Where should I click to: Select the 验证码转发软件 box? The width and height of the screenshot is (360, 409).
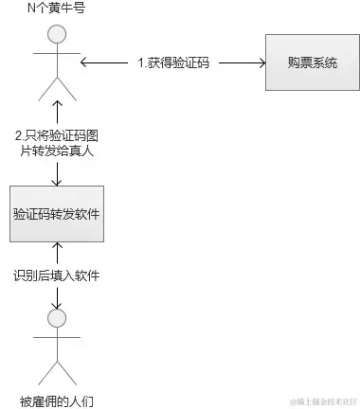tap(57, 214)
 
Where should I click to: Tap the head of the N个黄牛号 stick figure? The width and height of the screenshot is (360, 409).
tap(57, 35)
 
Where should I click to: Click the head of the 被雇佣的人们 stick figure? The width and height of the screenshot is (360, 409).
tap(57, 318)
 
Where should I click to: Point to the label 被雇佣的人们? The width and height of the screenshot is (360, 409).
tap(57, 400)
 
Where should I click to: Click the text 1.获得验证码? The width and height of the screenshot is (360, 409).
tap(173, 64)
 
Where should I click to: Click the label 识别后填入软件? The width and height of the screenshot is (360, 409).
tap(57, 276)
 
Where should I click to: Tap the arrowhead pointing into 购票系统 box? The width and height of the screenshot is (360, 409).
tap(259, 63)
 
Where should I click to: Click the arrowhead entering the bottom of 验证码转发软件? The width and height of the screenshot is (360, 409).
tap(57, 250)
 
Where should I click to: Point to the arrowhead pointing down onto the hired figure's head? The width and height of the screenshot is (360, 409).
tap(57, 304)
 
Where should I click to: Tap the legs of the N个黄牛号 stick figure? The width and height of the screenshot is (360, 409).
tap(57, 87)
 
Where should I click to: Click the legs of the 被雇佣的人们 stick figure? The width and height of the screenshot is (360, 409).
tap(57, 369)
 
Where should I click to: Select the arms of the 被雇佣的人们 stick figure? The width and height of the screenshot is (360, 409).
tap(57, 340)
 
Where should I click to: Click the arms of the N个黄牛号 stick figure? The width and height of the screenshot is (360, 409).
tap(57, 57)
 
